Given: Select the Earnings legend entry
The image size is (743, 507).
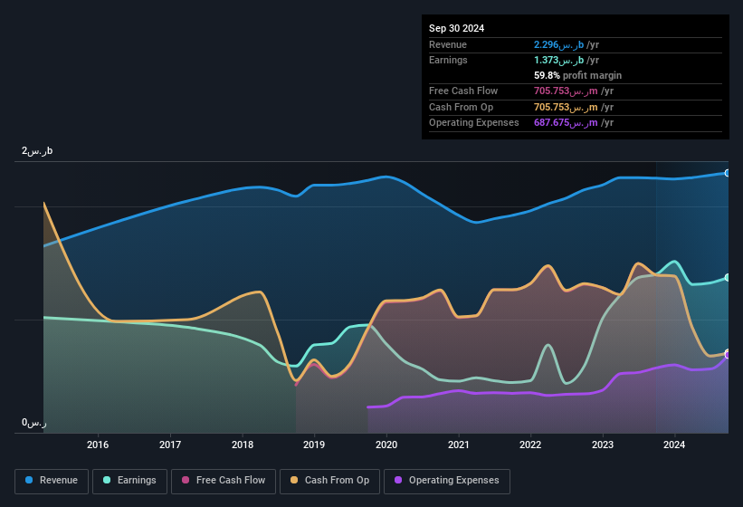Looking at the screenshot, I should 129,481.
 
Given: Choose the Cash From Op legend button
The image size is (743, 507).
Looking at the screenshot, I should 329,481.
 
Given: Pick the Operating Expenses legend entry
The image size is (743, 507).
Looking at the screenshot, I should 446,481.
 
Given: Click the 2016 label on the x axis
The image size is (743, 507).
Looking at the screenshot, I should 98,445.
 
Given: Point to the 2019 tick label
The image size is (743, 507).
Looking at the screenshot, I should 314,445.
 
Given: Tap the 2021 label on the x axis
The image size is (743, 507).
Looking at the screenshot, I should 458,445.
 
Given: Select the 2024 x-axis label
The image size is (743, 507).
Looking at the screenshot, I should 673,445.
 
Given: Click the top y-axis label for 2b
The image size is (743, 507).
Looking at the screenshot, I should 37,151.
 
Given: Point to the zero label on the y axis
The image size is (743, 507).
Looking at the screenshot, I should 34,423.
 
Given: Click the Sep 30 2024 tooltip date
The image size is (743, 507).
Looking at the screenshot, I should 456,28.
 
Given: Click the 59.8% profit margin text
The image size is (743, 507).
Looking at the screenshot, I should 577,75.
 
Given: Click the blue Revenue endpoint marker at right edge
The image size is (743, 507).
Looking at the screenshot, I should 728,173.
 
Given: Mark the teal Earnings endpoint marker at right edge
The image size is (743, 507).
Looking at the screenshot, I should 728,278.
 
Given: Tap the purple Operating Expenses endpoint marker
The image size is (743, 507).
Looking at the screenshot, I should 728,354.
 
